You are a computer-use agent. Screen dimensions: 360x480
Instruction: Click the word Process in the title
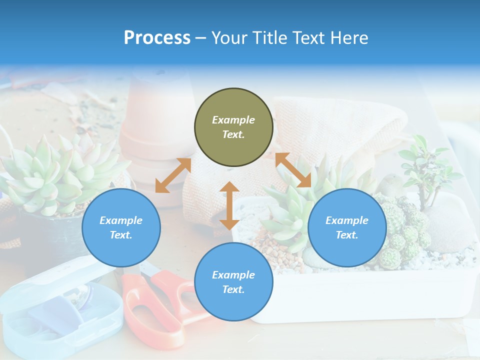coord(157,38)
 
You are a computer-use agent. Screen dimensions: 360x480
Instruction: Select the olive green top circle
coord(233,127)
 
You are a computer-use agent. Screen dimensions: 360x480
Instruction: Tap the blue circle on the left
coord(121,227)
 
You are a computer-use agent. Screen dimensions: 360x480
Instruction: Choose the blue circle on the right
coord(347,227)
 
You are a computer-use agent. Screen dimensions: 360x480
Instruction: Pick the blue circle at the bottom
coord(233,281)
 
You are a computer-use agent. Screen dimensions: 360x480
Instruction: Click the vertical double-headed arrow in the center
coord(229,205)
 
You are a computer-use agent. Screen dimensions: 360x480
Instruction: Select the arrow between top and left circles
coord(173,175)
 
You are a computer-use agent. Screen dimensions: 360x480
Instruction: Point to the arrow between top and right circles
coord(293,170)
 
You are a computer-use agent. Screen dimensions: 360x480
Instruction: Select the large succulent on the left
coord(55,175)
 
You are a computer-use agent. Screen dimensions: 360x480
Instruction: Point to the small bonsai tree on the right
coord(427,165)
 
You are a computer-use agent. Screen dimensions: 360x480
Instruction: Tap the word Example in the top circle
coord(233,120)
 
